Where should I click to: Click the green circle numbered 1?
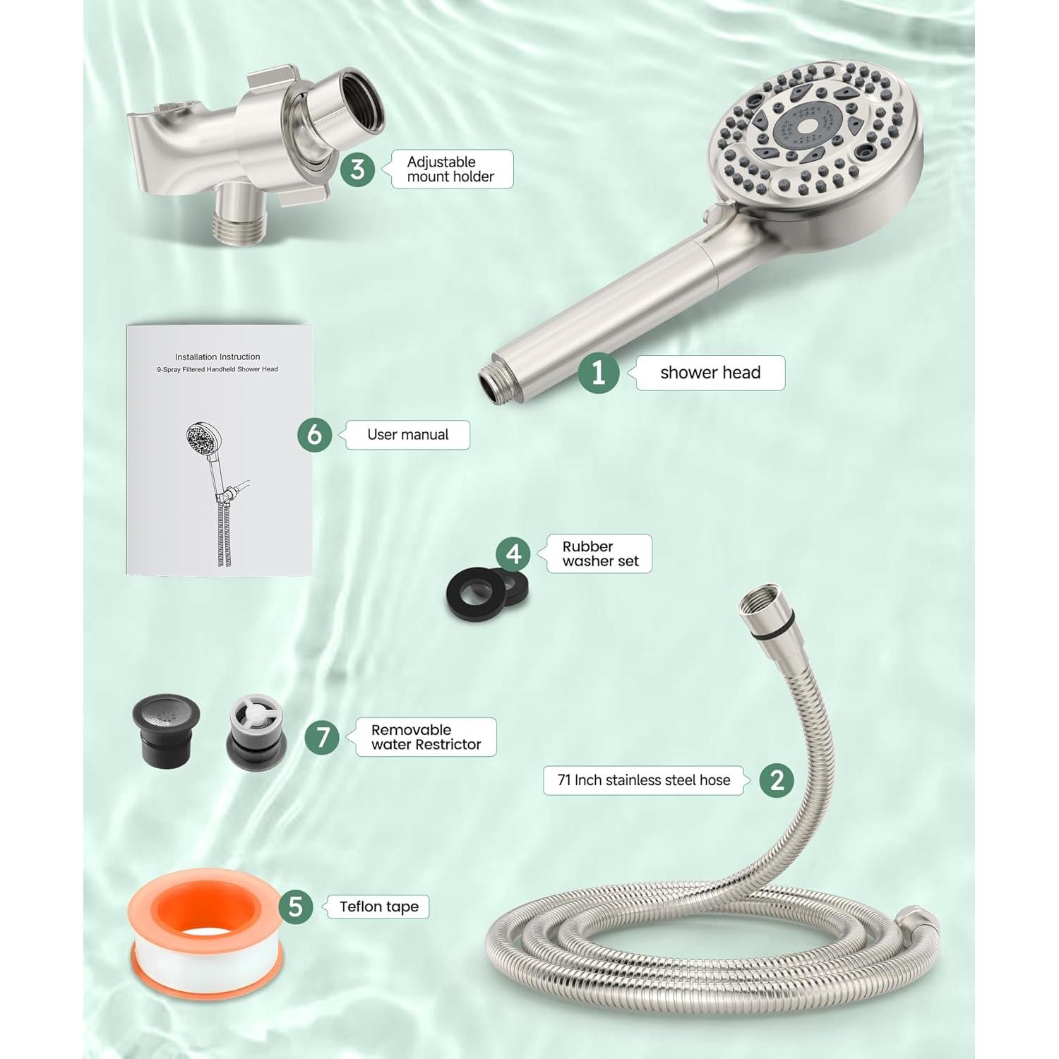(x=599, y=372)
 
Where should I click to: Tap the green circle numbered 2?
(x=777, y=780)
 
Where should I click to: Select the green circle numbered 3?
(x=358, y=169)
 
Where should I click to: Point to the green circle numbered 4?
(x=513, y=554)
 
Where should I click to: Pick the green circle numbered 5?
(x=296, y=907)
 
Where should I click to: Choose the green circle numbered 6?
(x=315, y=434)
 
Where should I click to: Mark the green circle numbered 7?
(x=323, y=737)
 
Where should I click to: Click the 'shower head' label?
(x=710, y=373)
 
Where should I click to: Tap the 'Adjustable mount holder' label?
(x=450, y=169)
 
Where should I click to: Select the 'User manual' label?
(x=407, y=435)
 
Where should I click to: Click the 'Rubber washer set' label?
(x=599, y=554)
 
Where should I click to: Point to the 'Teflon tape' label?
(x=378, y=907)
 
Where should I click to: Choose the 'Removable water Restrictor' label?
(x=426, y=737)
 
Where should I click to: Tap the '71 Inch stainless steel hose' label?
(x=643, y=780)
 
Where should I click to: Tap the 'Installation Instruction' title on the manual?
(x=217, y=357)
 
